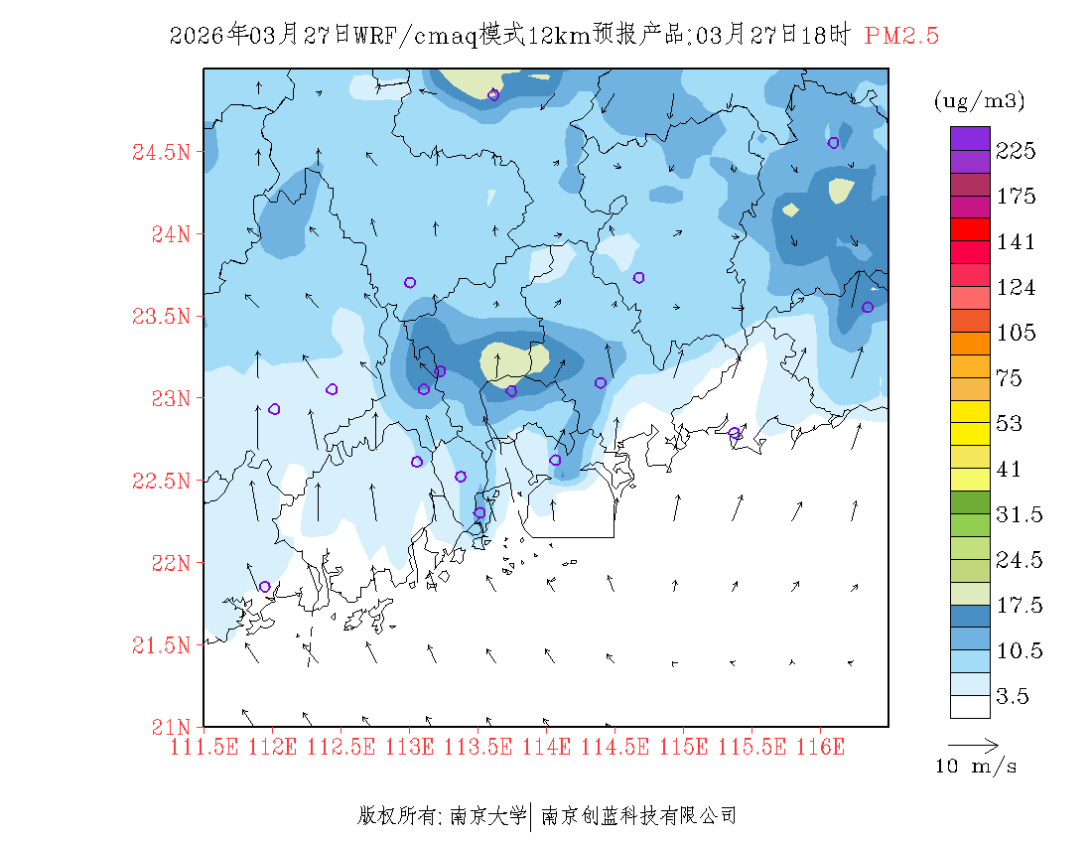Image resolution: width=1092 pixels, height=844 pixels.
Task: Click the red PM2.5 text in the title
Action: [901, 36]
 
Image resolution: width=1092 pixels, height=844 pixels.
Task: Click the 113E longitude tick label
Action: [410, 746]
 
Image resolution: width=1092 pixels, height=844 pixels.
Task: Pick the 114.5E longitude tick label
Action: [615, 746]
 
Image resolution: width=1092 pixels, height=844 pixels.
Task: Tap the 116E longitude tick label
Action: [820, 746]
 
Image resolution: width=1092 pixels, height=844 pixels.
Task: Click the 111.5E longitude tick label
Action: [205, 746]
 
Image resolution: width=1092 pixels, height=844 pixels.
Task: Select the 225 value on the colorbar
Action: [1017, 151]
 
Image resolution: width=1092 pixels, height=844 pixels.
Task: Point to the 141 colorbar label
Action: [1017, 242]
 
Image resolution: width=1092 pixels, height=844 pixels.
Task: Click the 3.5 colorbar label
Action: [1014, 697]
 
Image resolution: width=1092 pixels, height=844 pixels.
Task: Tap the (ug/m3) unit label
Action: [979, 101]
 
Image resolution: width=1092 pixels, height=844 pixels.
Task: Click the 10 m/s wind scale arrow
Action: [973, 744]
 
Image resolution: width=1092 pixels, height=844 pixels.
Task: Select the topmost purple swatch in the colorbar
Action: [970, 138]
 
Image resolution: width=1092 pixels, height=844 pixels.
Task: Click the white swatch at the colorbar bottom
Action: [970, 706]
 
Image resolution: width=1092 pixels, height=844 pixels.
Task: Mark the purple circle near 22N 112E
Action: [265, 587]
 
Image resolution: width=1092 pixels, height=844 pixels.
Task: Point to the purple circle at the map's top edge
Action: [493, 95]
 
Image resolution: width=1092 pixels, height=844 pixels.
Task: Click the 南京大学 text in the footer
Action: [487, 816]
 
